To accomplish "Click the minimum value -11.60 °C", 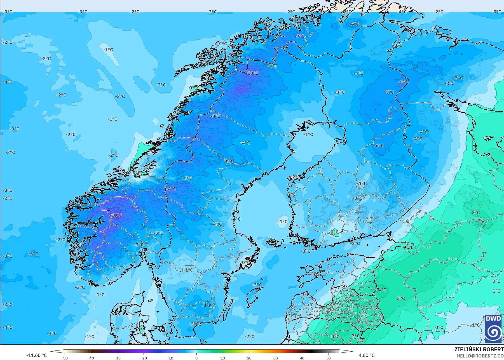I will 37,355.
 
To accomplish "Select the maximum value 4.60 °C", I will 367,355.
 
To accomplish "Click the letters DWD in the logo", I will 493,319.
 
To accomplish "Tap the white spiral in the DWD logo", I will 493,332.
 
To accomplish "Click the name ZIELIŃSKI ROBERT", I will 479,349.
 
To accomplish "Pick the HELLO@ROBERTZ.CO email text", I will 480,356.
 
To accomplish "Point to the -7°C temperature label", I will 299,36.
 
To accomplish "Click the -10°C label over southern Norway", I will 116,215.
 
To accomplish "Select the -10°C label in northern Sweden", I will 252,73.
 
